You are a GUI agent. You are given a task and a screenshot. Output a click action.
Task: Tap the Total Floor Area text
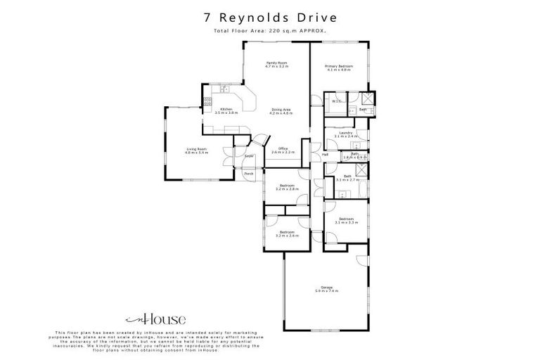point(269,32)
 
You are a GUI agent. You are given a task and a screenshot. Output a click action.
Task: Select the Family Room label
point(276,63)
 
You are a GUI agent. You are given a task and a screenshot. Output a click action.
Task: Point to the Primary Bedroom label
point(338,66)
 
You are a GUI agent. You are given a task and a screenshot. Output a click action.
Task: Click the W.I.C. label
point(336,101)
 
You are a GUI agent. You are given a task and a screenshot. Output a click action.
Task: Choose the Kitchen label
point(226,109)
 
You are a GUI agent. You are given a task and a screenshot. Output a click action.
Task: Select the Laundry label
point(345,132)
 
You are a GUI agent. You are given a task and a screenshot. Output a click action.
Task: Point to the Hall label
point(325,155)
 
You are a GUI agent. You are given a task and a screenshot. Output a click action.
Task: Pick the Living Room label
point(196,148)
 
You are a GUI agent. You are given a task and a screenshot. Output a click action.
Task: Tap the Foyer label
point(248,156)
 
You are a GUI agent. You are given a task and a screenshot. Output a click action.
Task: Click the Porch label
point(248,173)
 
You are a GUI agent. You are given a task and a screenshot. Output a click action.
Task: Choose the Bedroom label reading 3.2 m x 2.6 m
point(287,233)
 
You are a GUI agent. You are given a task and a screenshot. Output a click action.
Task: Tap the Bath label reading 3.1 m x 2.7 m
point(348,177)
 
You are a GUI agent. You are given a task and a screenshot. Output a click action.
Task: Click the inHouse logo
point(143,316)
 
